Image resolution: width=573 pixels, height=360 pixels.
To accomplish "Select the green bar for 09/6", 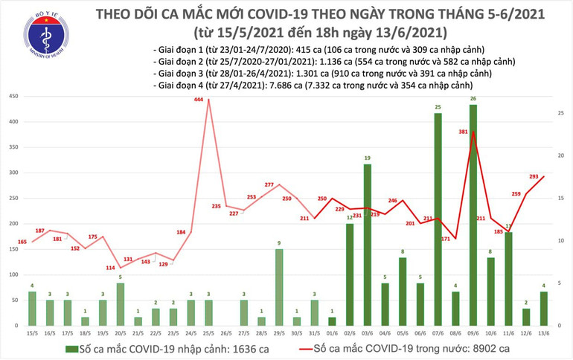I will tap(473, 216).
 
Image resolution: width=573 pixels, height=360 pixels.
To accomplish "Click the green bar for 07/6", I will tap(438, 219).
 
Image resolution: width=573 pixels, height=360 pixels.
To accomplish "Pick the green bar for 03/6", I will tap(367, 245).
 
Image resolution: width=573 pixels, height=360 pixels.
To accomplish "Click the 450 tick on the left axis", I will tap(13, 97).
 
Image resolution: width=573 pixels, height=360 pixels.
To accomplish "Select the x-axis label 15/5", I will tap(31, 333).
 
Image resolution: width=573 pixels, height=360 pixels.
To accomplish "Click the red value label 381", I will tap(463, 132).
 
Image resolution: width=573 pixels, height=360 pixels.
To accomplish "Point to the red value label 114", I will tap(110, 268).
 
